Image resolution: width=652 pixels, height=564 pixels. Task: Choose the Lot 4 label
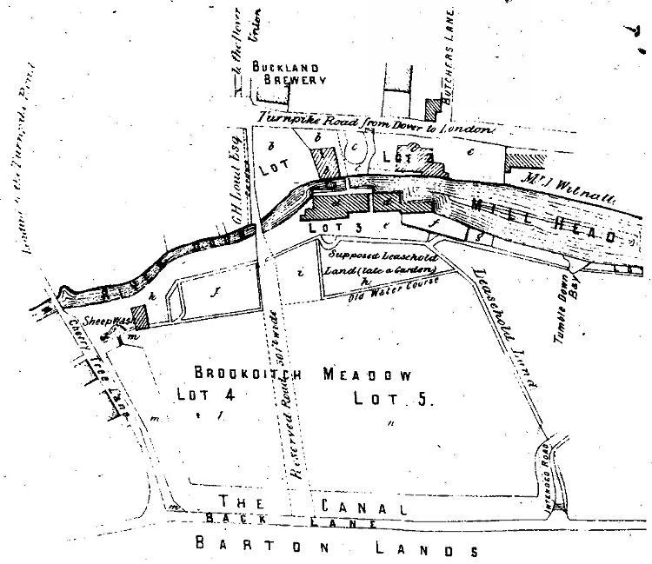[206, 395]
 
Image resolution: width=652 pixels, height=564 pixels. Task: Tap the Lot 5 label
[391, 400]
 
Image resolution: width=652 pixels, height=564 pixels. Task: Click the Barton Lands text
[336, 548]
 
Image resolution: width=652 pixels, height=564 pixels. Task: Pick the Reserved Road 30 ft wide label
[289, 417]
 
